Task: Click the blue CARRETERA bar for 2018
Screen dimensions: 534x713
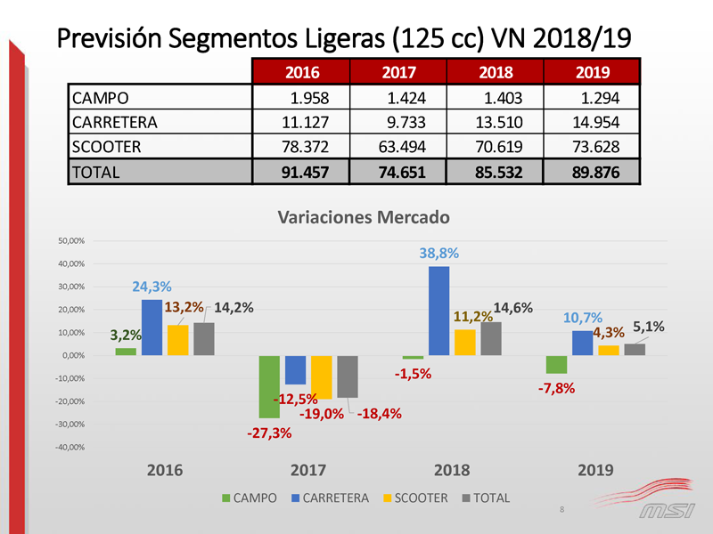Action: [438, 311]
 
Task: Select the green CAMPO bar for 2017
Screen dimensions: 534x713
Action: [269, 386]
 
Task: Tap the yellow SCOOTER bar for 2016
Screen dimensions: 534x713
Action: [178, 340]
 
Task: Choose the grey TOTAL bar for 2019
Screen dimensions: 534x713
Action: [635, 349]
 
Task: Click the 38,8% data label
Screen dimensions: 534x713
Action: [438, 254]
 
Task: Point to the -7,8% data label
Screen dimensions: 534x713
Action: [556, 388]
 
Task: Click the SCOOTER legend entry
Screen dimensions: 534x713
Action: [414, 498]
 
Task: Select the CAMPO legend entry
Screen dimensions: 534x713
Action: [249, 498]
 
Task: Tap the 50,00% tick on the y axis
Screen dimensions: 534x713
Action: [70, 241]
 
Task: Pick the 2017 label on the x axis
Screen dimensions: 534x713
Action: [307, 471]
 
